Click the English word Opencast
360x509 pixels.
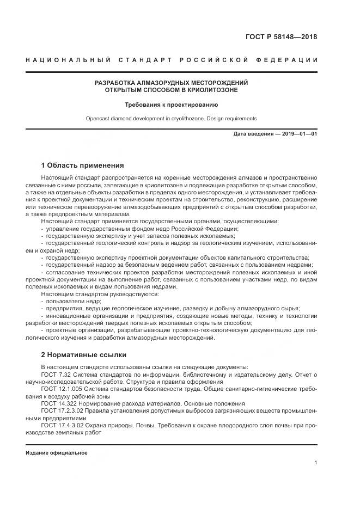(99, 118)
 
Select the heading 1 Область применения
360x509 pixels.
(82, 165)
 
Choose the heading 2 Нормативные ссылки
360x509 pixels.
(83, 354)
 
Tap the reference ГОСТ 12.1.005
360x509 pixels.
(59, 390)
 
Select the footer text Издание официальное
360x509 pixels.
(56, 453)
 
